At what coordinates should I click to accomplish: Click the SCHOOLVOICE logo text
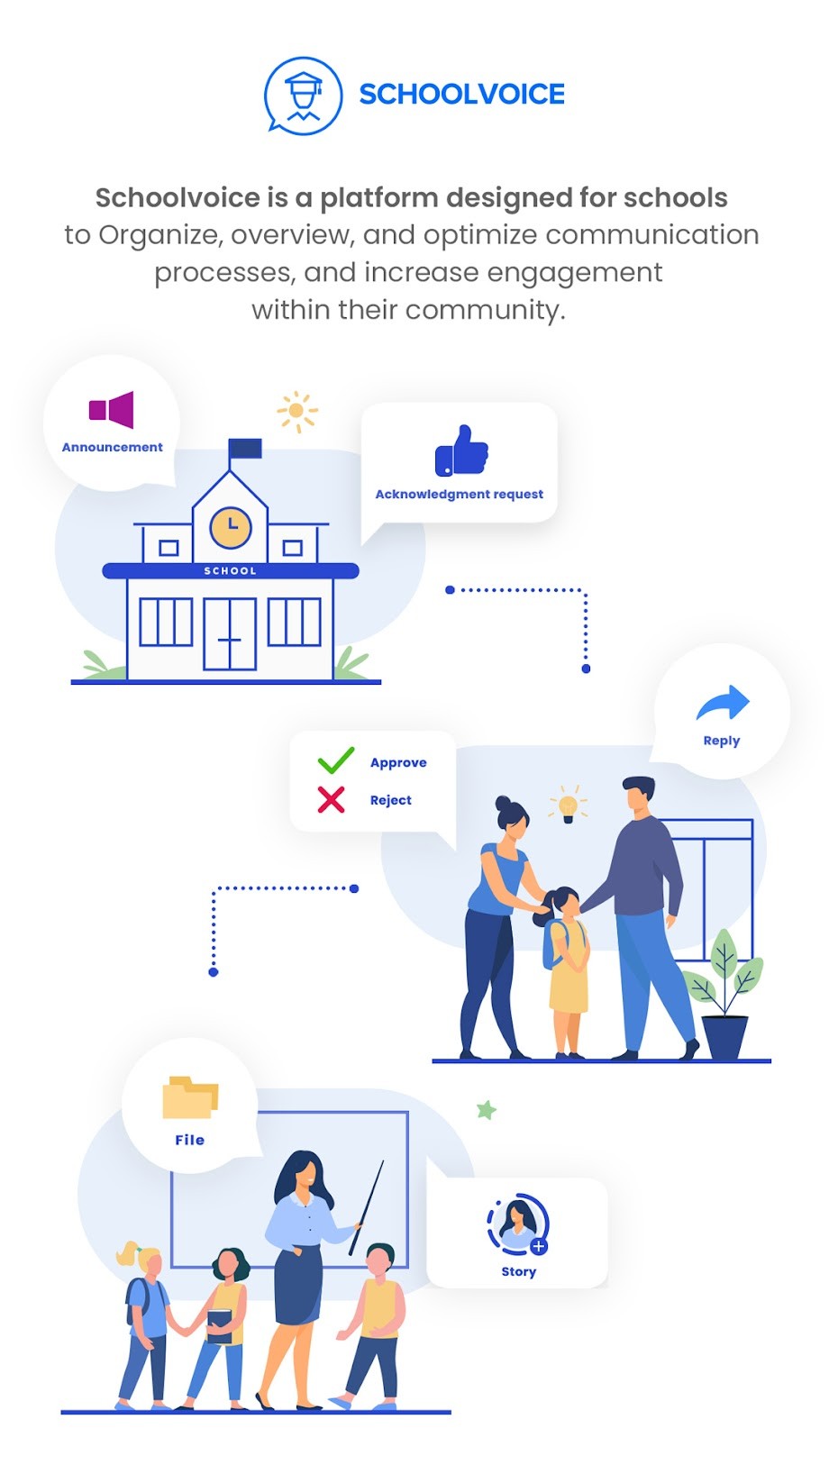(x=461, y=95)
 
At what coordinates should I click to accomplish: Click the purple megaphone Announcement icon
(x=112, y=410)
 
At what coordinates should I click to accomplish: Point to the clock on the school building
(x=231, y=526)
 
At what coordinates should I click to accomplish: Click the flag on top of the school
(x=245, y=448)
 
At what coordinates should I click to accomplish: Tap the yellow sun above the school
(x=296, y=412)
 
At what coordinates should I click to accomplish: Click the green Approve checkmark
(x=336, y=760)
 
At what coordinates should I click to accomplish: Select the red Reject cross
(x=331, y=799)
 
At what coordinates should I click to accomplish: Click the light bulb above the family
(x=568, y=805)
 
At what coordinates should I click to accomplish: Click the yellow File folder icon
(x=190, y=1097)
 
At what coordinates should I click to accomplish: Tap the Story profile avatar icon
(x=518, y=1224)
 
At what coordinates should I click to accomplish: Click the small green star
(x=487, y=1110)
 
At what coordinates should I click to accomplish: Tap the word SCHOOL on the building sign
(x=231, y=571)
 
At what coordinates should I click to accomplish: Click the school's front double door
(x=230, y=634)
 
